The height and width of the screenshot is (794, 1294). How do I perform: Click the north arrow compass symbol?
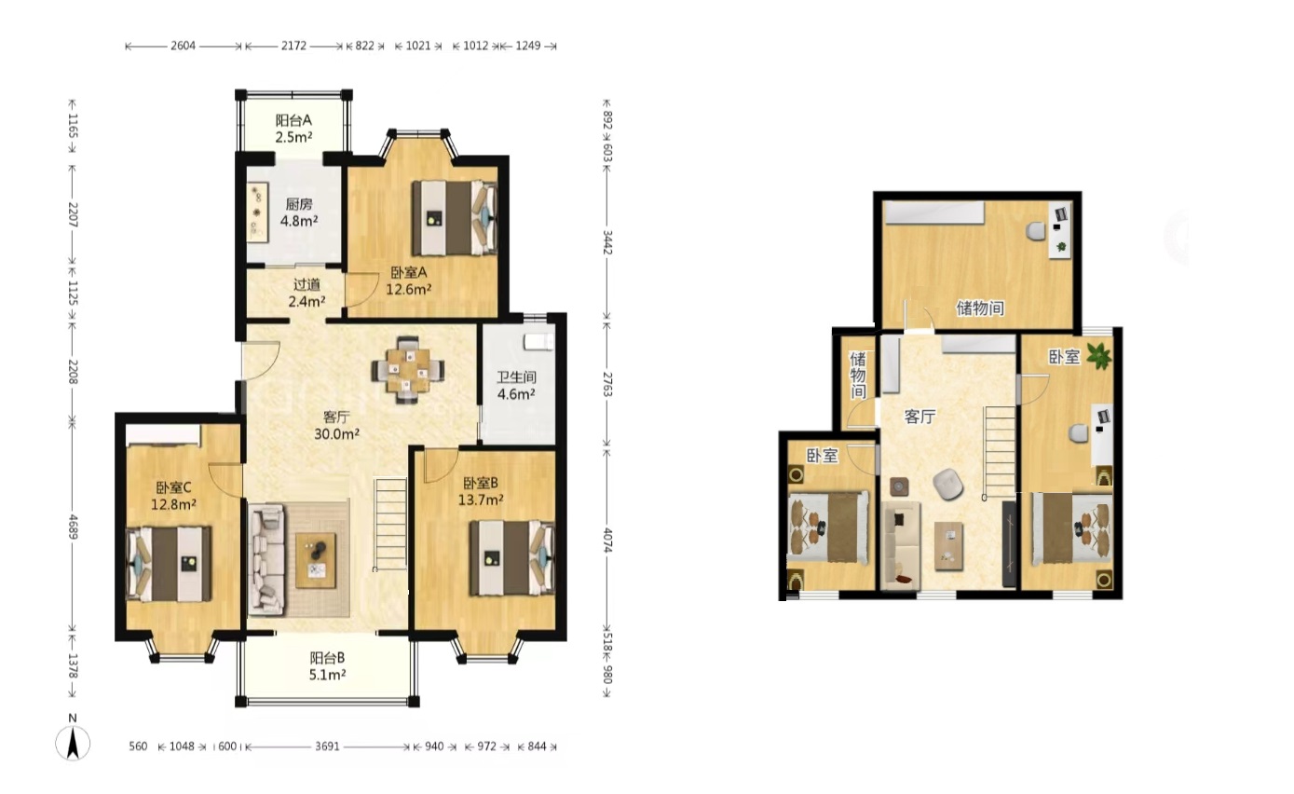tap(73, 742)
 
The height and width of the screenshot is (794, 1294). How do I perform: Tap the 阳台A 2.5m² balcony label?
tap(293, 129)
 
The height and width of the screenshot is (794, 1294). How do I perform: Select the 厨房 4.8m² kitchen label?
tap(299, 212)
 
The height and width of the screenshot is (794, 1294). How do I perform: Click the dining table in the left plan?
tap(408, 369)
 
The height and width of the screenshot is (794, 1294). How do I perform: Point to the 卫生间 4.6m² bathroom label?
tap(516, 386)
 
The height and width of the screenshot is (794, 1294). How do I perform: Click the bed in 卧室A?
tap(455, 218)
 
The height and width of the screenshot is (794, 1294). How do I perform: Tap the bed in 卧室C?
tap(170, 564)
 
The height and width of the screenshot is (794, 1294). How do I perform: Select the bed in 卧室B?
tap(512, 557)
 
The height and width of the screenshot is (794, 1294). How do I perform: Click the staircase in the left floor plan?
tap(390, 524)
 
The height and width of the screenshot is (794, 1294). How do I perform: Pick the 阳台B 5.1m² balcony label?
tap(328, 665)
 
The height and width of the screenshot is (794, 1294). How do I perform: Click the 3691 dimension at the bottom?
tap(327, 746)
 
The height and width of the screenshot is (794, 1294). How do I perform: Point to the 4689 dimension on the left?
tap(73, 527)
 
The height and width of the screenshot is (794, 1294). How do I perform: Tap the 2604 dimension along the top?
tap(183, 46)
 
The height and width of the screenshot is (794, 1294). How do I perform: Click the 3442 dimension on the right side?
tap(607, 242)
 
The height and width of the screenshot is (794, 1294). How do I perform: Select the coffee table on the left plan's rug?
tap(316, 560)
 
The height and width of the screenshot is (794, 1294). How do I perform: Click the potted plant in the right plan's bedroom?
tap(1098, 355)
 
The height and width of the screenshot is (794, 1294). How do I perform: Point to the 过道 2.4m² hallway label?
tap(306, 293)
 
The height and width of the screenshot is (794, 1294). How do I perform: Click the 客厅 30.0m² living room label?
tap(337, 425)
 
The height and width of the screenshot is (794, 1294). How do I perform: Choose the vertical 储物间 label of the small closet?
tap(858, 375)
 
